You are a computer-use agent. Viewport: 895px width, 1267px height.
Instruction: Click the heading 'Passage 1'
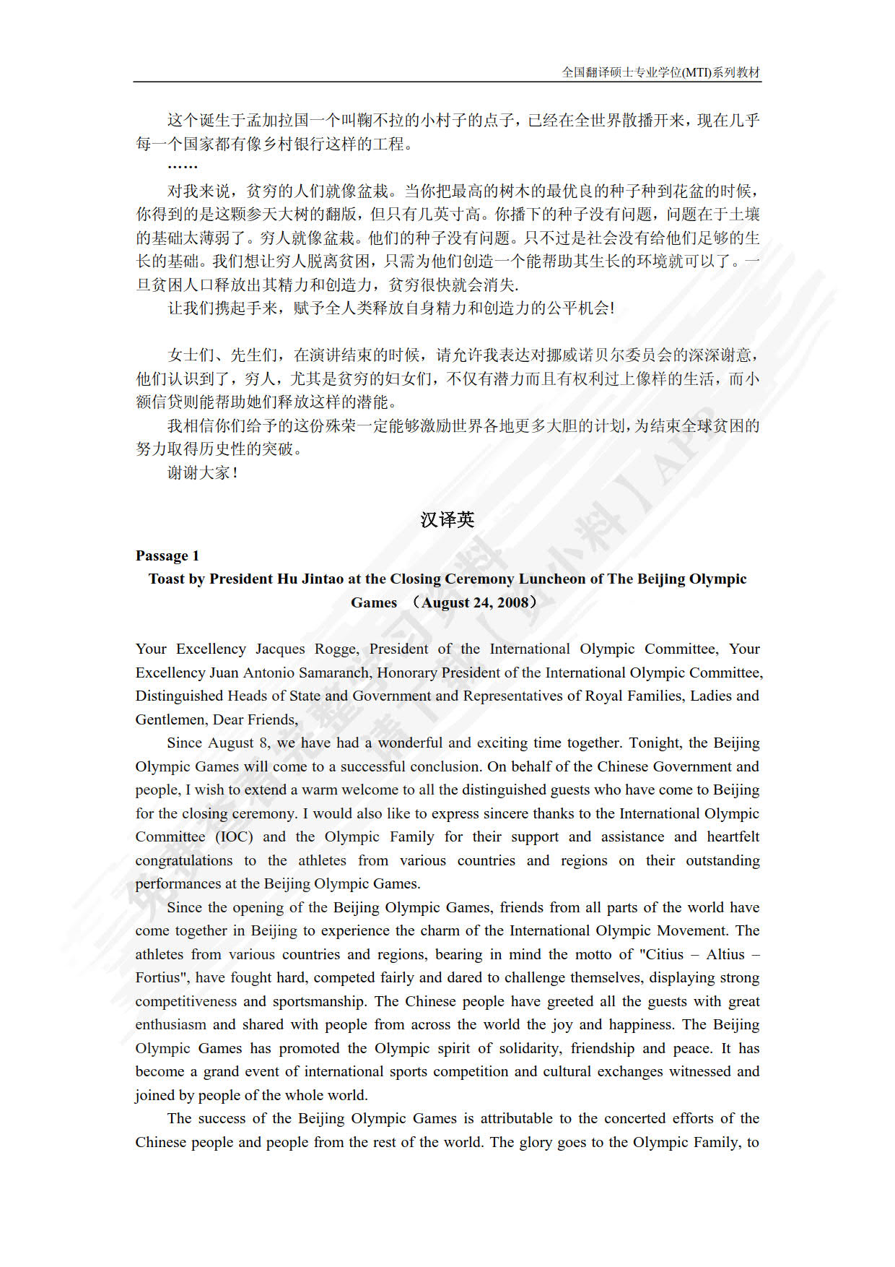167,555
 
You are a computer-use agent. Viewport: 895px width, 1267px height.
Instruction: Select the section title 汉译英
447,519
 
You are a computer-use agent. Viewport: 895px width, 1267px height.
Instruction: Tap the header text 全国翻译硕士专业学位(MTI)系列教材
660,72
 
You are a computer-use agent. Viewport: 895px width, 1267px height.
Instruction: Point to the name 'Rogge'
336,649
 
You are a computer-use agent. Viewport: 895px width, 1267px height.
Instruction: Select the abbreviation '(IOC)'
234,836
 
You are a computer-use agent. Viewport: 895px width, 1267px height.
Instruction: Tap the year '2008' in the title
512,602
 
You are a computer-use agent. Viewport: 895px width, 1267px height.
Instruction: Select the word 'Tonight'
655,743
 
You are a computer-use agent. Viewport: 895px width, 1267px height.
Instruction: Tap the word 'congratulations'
184,860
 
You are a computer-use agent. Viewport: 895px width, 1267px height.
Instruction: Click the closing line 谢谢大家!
203,472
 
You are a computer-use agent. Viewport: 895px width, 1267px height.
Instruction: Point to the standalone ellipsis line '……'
182,168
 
